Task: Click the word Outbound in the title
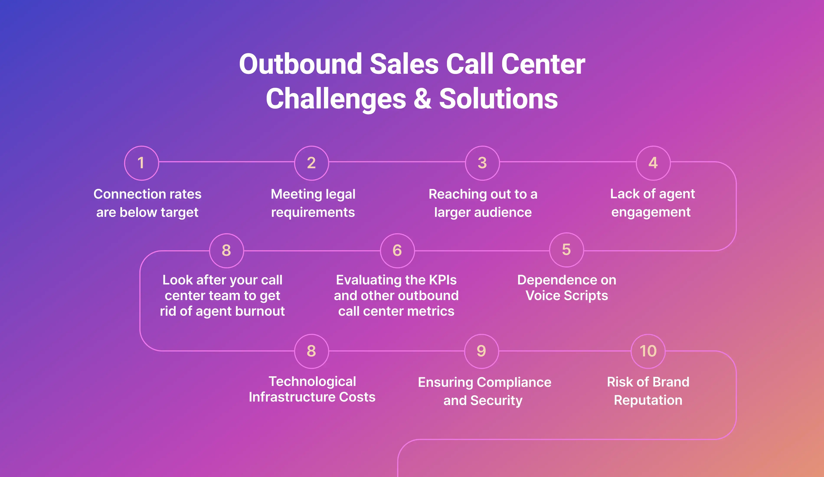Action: [300, 64]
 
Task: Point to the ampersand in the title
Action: [422, 99]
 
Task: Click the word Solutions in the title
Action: [498, 99]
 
